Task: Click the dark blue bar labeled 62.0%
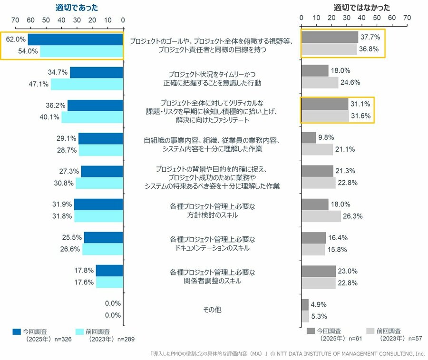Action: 76,39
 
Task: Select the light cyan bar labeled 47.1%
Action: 87,85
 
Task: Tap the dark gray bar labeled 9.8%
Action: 309,138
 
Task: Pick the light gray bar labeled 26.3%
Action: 321,216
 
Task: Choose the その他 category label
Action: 212,310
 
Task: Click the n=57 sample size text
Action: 414,339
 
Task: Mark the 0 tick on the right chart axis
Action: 301,18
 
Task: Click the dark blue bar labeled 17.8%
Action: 109,271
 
